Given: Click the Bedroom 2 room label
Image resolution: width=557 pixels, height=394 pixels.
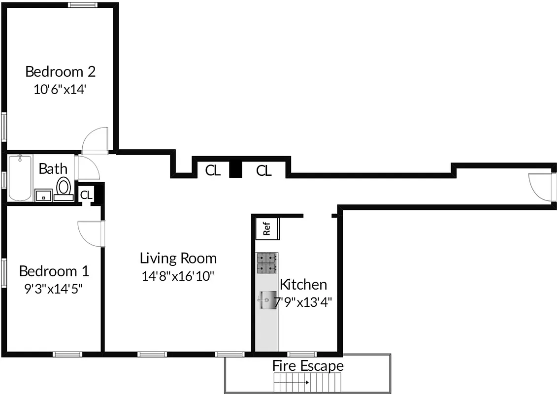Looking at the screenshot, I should pyautogui.click(x=60, y=72).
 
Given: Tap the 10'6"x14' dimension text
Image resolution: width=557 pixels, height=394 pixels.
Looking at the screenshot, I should pyautogui.click(x=60, y=90).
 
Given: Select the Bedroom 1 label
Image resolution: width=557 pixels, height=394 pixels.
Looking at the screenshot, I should pyautogui.click(x=54, y=271).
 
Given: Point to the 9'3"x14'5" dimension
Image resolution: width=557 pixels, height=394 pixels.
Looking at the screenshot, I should pyautogui.click(x=54, y=289).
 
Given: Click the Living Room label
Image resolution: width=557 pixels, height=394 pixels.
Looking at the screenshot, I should pyautogui.click(x=178, y=258).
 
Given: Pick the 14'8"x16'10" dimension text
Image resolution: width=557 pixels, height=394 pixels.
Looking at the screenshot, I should pyautogui.click(x=178, y=276).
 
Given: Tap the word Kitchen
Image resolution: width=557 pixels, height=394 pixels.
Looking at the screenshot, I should pyautogui.click(x=303, y=284).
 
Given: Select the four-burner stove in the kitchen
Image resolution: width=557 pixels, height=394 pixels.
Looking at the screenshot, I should pyautogui.click(x=267, y=263).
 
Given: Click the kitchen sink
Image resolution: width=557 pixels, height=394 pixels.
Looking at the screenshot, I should pyautogui.click(x=267, y=300).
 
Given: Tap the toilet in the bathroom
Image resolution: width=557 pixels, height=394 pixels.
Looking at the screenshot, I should pyautogui.click(x=63, y=189).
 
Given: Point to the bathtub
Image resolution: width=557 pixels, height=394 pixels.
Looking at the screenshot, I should pyautogui.click(x=20, y=178).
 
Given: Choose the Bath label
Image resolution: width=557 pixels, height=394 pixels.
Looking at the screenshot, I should pyautogui.click(x=53, y=169).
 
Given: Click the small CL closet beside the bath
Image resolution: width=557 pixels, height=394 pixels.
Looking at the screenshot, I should pyautogui.click(x=86, y=195).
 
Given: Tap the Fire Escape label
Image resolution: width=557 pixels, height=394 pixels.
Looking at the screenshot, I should pyautogui.click(x=308, y=366).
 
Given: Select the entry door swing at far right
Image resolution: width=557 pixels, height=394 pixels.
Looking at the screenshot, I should pyautogui.click(x=540, y=187).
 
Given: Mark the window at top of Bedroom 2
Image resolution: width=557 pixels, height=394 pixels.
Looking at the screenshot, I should pyautogui.click(x=83, y=5).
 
